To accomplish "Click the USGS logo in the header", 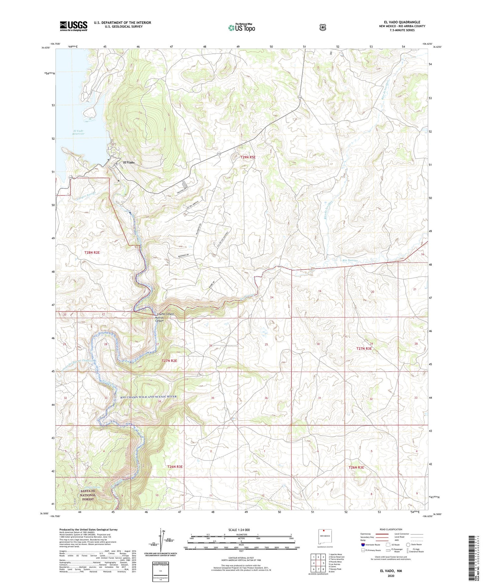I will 73,26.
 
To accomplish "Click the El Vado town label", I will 128,162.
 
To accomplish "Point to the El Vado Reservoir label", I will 79,132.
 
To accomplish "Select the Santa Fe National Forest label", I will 88,495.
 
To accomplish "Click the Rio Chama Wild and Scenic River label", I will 149,397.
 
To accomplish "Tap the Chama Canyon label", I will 166,314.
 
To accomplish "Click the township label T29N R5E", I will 248,157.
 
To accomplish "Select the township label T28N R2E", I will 92,252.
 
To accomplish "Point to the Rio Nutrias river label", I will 350,260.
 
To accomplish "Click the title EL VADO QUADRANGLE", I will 402,22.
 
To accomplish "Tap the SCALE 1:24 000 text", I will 239,530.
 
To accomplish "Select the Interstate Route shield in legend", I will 363,545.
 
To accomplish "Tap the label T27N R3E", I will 364,349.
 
